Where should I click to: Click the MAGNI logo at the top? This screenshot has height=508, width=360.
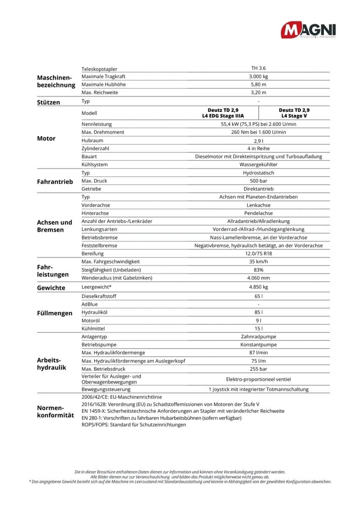(x=308, y=30)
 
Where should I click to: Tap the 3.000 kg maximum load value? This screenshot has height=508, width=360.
(x=258, y=77)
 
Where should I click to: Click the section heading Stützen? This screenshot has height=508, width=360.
(x=49, y=102)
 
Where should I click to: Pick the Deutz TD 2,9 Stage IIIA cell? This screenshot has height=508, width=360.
(x=223, y=113)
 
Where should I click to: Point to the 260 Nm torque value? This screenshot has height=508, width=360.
(x=258, y=132)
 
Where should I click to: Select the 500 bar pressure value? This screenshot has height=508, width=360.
(x=258, y=181)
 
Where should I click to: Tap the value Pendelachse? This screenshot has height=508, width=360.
(x=258, y=213)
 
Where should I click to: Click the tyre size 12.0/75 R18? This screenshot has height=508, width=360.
(x=258, y=254)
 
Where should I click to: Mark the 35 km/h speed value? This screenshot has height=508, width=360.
(x=258, y=262)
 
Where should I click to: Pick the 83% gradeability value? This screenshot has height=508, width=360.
(x=258, y=270)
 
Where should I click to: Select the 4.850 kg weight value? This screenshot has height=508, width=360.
(x=258, y=287)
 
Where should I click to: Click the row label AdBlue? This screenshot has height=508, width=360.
(x=90, y=304)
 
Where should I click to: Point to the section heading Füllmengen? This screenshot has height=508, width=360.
(x=55, y=314)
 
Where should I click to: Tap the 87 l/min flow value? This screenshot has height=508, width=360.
(x=258, y=353)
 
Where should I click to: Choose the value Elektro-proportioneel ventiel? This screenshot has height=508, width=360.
(x=258, y=379)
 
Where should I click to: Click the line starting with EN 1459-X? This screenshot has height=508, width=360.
(x=183, y=411)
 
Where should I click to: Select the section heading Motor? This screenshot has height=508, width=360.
(x=46, y=138)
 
